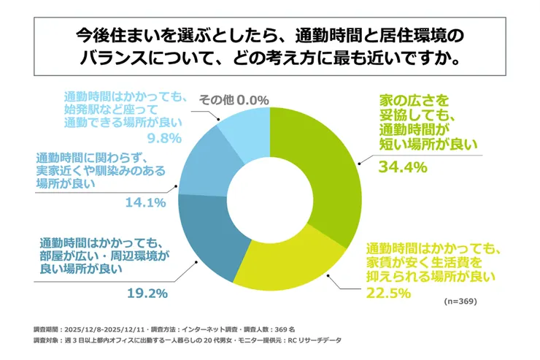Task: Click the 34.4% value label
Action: [x=401, y=167]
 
